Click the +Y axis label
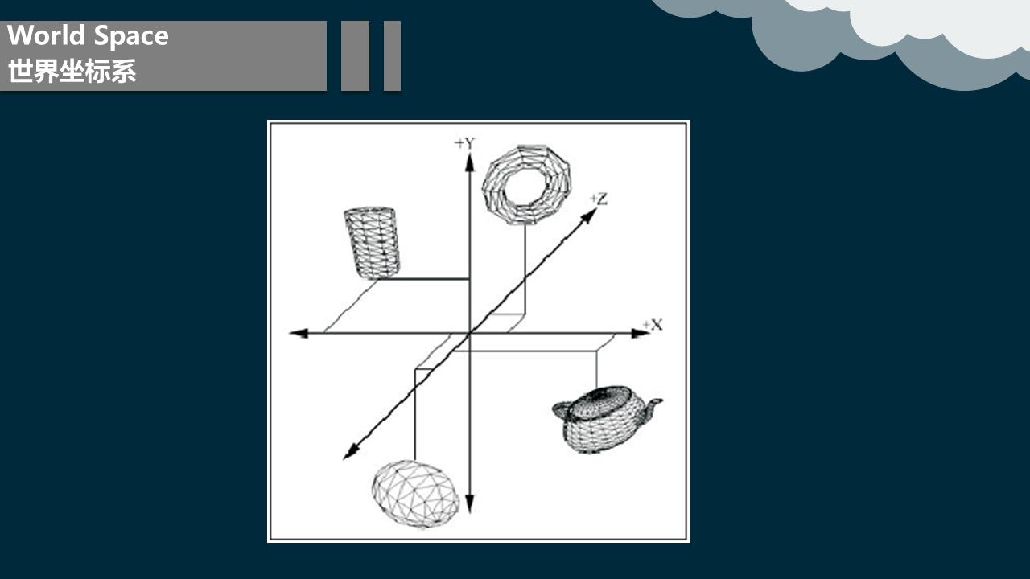[465, 143]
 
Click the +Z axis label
[599, 199]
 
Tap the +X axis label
[653, 325]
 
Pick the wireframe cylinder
[372, 243]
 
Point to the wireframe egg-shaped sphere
[415, 494]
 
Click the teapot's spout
[652, 408]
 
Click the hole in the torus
[525, 186]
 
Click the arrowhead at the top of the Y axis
[469, 163]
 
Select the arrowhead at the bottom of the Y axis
[469, 503]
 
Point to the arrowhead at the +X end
[641, 333]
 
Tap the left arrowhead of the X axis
[299, 333]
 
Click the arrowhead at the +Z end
[589, 216]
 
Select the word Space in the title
[131, 37]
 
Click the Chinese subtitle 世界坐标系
[72, 72]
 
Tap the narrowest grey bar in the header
[392, 55]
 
